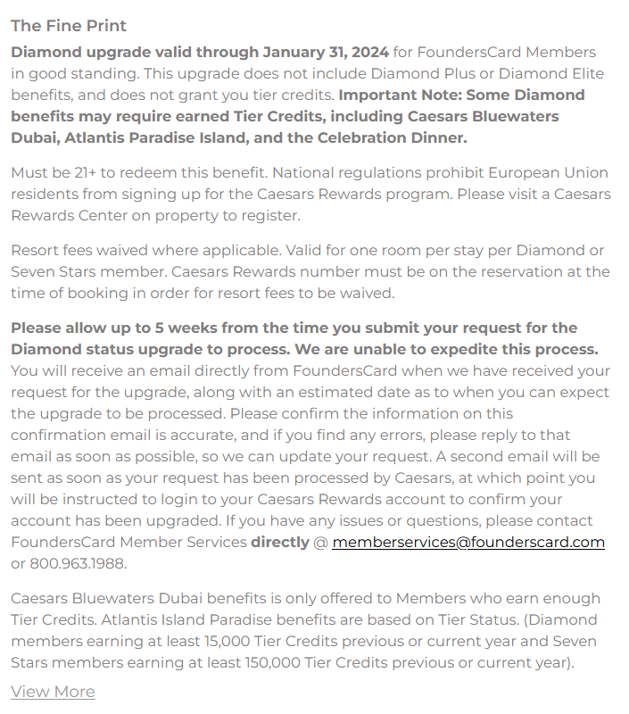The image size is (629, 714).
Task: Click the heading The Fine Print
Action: [69, 26]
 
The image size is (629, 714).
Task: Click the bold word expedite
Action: [462, 349]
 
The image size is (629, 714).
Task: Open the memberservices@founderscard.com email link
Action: [468, 542]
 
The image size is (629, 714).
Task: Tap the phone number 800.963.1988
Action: [78, 563]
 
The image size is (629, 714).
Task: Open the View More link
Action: [53, 692]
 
